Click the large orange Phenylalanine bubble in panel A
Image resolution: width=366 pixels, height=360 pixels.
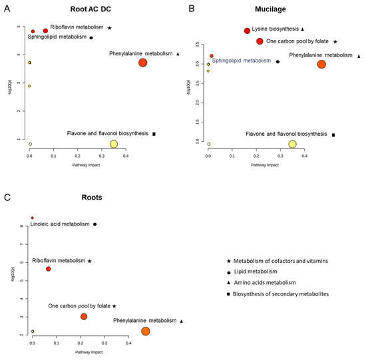[x=142, y=63]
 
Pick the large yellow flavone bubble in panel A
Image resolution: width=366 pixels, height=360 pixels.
[x=114, y=144]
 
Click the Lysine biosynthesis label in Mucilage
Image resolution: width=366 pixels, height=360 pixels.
[x=275, y=29]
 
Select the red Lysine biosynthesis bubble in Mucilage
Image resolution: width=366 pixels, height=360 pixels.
[x=247, y=31]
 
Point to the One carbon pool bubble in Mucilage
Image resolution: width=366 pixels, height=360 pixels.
[x=260, y=41]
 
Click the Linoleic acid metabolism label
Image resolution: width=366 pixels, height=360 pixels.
[x=60, y=225]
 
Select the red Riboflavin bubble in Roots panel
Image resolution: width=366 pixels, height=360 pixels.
[x=48, y=269]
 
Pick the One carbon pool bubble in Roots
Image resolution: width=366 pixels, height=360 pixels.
[x=84, y=316]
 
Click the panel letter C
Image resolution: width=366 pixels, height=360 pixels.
[x=7, y=198]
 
